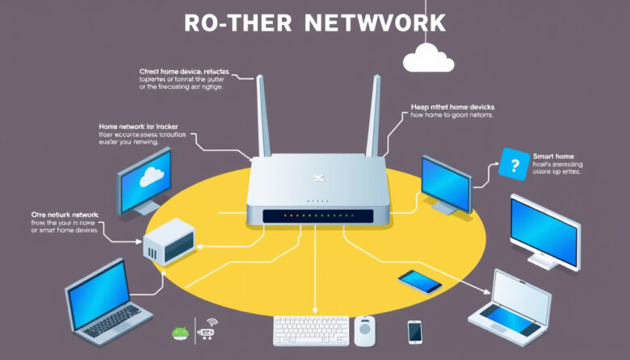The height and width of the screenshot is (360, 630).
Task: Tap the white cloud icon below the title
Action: pyautogui.click(x=428, y=58)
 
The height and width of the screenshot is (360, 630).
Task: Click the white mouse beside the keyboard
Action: pyautogui.click(x=365, y=330)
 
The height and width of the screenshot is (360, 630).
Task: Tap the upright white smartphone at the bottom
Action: pyautogui.click(x=414, y=331)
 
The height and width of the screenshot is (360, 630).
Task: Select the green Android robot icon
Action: pyautogui.click(x=179, y=332)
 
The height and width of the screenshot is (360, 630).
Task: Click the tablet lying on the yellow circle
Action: pyautogui.click(x=420, y=280)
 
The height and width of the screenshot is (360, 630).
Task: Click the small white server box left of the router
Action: pyautogui.click(x=168, y=242)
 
